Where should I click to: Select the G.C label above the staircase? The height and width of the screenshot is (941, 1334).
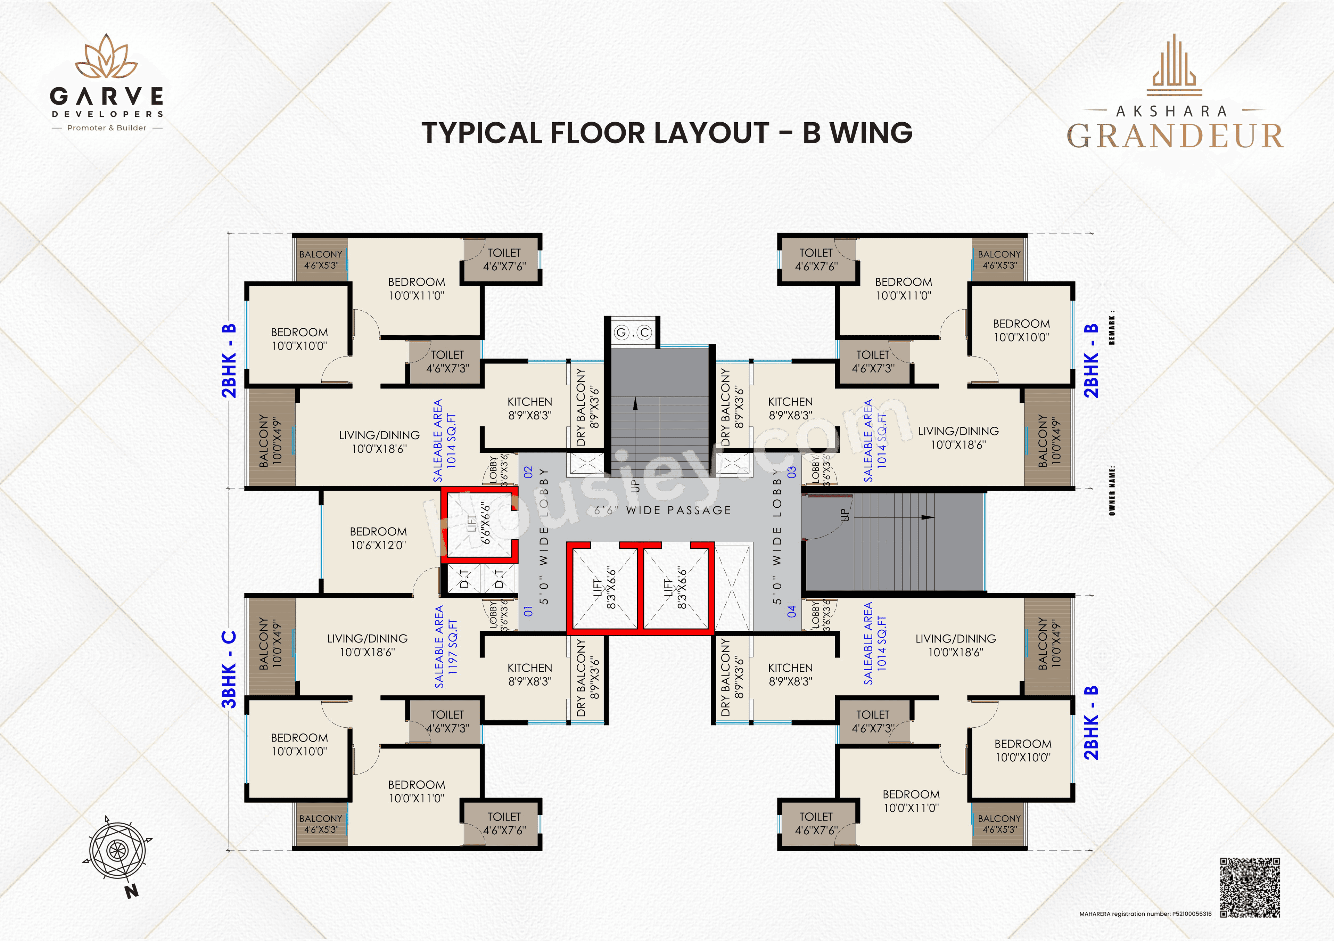pos(633,333)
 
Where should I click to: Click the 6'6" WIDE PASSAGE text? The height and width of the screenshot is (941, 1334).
pos(662,510)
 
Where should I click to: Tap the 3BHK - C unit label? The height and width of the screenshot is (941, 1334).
pos(230,669)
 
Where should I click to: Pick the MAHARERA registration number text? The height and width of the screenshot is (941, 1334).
pos(1145,914)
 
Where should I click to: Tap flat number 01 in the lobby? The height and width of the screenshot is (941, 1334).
pos(528,611)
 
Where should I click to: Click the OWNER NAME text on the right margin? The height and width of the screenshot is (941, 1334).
pos(1111,490)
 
